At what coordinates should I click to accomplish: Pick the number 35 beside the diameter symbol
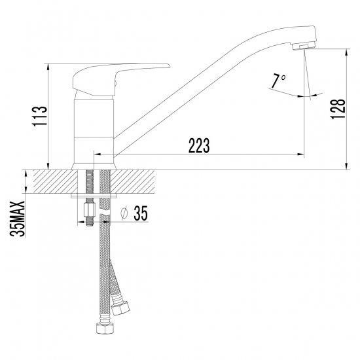tap(141, 213)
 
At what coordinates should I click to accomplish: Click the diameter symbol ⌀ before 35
tap(123, 213)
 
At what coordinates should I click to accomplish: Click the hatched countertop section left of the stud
tap(52, 181)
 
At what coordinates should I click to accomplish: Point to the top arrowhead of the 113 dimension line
tap(49, 66)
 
